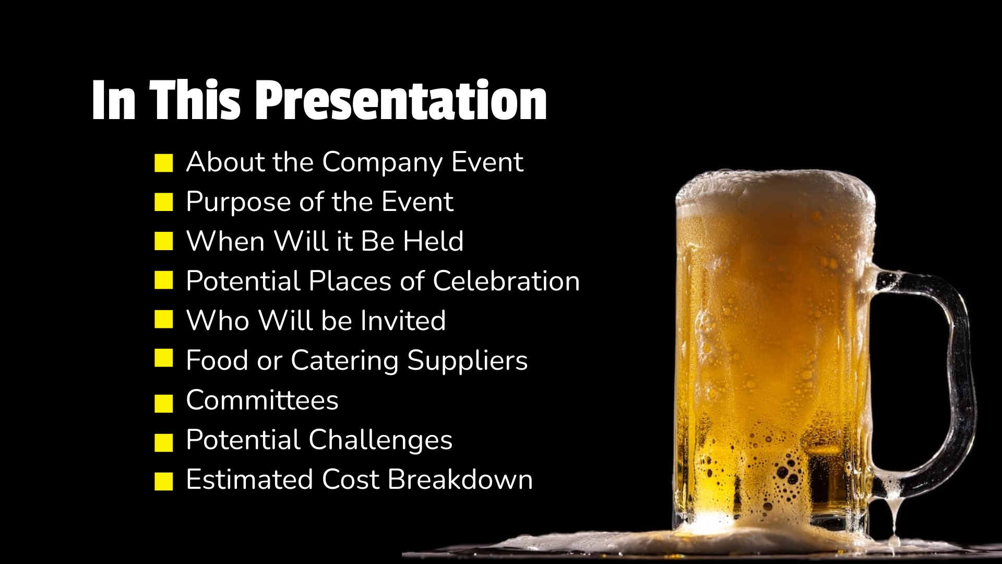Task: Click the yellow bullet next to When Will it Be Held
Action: (x=164, y=242)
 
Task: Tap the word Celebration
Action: (x=506, y=281)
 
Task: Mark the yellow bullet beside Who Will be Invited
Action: (x=164, y=320)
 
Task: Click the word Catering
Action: (x=344, y=361)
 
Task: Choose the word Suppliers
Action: (x=468, y=361)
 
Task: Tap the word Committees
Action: (x=263, y=400)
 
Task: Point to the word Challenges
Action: (x=380, y=441)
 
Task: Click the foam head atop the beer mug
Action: (x=776, y=191)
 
